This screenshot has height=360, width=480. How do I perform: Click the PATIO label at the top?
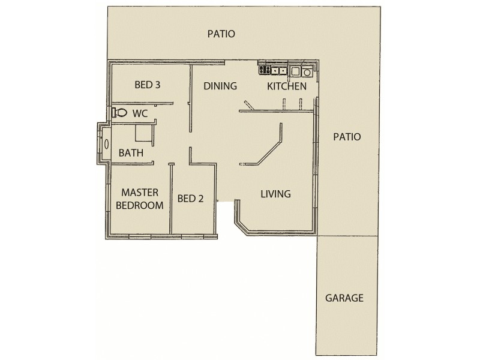pyautogui.click(x=221, y=34)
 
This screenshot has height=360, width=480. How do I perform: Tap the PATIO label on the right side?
pyautogui.click(x=347, y=137)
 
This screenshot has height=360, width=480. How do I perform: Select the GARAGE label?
pyautogui.click(x=344, y=298)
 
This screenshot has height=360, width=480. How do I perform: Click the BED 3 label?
pyautogui.click(x=147, y=85)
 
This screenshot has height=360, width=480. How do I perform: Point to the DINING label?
pyautogui.click(x=220, y=86)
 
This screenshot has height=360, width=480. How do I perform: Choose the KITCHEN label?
pyautogui.click(x=287, y=86)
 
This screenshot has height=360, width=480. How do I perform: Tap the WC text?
pyautogui.click(x=140, y=113)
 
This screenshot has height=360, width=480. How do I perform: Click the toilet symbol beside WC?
pyautogui.click(x=119, y=112)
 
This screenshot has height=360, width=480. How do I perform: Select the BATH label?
pyautogui.click(x=130, y=153)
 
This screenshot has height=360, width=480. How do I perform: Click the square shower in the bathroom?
pyautogui.click(x=144, y=134)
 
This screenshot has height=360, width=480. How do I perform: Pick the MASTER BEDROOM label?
pyautogui.click(x=140, y=199)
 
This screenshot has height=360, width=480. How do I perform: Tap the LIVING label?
pyautogui.click(x=275, y=194)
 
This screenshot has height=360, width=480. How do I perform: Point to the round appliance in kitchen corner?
pyautogui.click(x=307, y=73)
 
